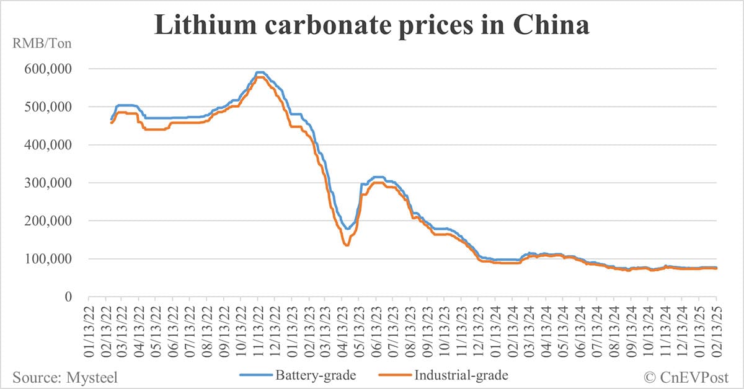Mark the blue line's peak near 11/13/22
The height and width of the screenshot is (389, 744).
click(260, 72)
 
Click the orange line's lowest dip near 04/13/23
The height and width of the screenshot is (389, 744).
click(347, 245)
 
